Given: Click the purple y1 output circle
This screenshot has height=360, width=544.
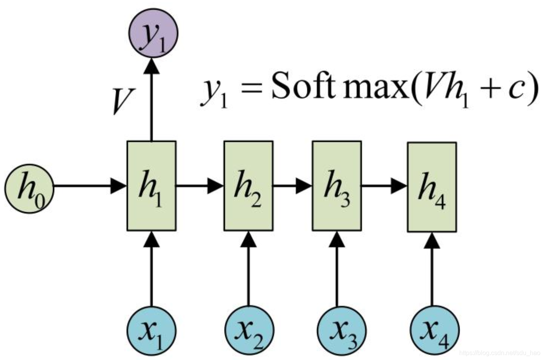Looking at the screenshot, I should coord(153,33).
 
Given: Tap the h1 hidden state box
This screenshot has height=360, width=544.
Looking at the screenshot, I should coord(152,186).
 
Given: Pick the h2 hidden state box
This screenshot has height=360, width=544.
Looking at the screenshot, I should coord(248,186).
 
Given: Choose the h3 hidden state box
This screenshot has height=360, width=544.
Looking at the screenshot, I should coord(337,186).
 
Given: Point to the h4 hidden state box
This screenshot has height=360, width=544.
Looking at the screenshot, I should coord(432,187).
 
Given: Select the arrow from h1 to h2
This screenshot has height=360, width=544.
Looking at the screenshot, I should coord(200,186).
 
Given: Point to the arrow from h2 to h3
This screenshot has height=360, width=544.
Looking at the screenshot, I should coord(292,186).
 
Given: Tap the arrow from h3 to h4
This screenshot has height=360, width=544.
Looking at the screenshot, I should coord(384,186).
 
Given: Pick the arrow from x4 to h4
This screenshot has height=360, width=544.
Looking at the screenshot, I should coord(433,271).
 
